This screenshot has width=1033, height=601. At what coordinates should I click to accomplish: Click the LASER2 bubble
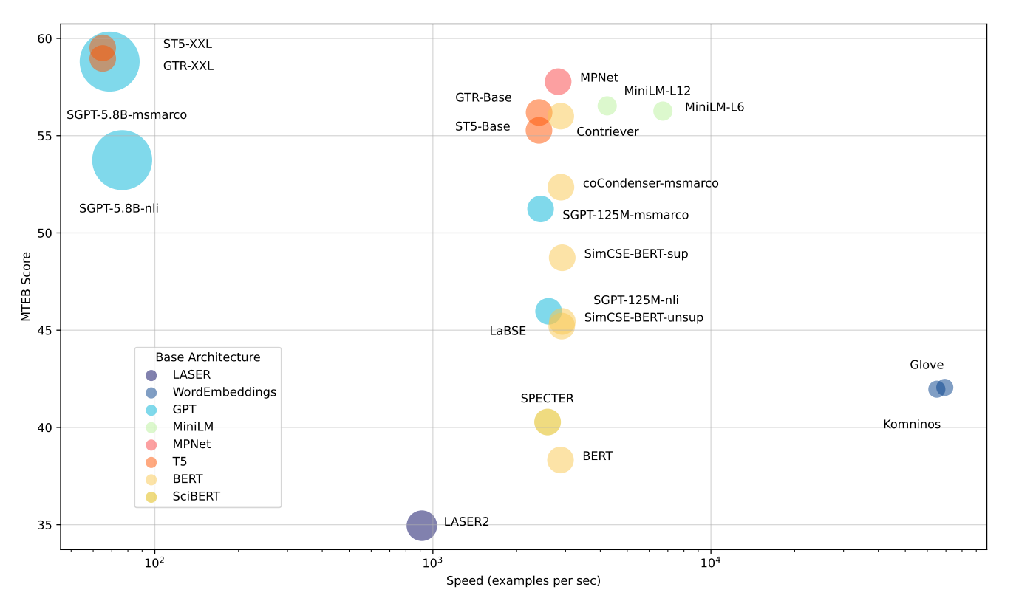tap(421, 525)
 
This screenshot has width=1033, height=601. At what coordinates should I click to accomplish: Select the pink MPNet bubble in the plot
tap(558, 81)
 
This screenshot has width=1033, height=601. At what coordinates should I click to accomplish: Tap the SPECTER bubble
tap(547, 422)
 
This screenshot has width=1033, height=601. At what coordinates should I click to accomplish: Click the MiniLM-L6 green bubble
tap(663, 111)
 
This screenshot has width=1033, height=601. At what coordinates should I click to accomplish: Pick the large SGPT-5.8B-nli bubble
tap(122, 159)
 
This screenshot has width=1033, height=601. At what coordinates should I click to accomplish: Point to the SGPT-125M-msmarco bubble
tap(540, 209)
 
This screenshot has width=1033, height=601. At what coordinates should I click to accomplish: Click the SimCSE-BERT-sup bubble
tap(562, 258)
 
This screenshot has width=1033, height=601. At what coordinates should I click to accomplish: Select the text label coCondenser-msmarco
tap(650, 183)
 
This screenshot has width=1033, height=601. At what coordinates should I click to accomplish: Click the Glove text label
tap(926, 365)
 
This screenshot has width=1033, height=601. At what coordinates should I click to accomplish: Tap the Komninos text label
tap(912, 425)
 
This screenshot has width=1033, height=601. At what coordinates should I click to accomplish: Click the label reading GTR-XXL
tap(188, 66)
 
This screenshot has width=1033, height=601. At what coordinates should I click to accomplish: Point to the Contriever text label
tap(607, 131)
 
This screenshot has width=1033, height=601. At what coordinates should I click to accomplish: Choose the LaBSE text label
tap(508, 331)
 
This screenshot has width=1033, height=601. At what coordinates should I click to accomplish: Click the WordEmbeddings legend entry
tap(224, 392)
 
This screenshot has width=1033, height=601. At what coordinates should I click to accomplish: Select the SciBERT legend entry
tap(196, 496)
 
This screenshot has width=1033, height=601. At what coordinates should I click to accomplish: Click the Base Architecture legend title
tap(208, 357)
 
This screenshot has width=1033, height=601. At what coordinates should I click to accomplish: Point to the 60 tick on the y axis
tap(46, 38)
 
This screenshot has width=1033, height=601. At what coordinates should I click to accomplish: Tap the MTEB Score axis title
tap(26, 286)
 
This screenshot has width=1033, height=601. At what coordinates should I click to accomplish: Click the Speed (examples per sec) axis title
tap(523, 581)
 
